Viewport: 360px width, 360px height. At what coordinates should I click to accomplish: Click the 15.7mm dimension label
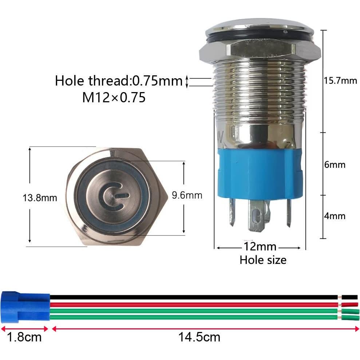click(x=340, y=81)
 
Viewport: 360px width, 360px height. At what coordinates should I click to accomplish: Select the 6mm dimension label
click(x=335, y=165)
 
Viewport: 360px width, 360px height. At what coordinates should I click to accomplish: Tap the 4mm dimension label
click(x=335, y=216)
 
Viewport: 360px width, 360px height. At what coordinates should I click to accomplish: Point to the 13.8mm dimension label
click(x=40, y=198)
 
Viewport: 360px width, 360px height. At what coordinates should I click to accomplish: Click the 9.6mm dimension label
click(x=187, y=195)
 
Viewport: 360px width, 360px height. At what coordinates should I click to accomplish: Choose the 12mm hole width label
click(x=259, y=247)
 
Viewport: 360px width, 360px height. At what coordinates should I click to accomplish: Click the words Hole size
click(x=262, y=260)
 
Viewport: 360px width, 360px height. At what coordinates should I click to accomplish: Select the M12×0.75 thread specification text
click(x=114, y=97)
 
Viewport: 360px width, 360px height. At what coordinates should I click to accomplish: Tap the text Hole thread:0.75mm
click(x=118, y=81)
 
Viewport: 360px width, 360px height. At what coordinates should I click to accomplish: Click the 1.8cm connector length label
click(x=24, y=337)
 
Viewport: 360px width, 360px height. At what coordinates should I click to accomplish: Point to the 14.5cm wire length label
click(x=199, y=337)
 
